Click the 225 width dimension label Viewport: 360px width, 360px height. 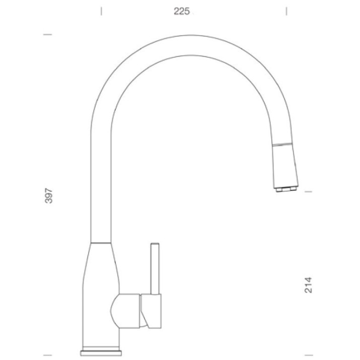point(182,11)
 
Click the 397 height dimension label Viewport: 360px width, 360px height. point(49,196)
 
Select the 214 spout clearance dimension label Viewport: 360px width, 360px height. point(308,285)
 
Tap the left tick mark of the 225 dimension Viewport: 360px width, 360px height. point(101,11)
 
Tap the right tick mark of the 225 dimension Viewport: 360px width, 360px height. point(286,11)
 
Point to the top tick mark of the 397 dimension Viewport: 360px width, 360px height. point(47,35)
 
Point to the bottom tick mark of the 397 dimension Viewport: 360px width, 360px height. point(47,355)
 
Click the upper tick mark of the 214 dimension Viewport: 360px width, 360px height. point(308,191)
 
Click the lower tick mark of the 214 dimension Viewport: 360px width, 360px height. point(308,355)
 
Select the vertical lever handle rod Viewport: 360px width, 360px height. point(155,269)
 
